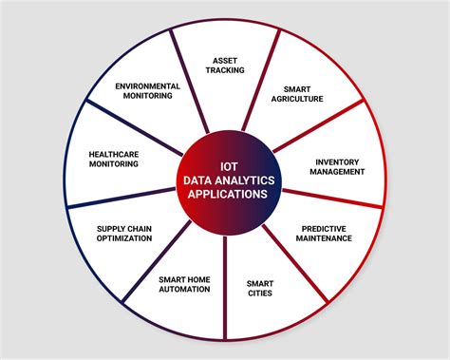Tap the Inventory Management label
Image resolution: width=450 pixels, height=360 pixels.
point(337,166)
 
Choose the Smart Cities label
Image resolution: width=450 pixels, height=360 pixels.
point(259,288)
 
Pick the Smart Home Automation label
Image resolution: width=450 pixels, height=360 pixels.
point(184,284)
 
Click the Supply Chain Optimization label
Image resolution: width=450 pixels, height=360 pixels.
point(123,233)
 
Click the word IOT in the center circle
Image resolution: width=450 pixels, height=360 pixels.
point(226,162)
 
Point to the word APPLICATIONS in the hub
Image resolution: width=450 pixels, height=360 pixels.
point(226,193)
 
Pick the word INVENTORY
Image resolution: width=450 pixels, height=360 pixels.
point(337,161)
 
